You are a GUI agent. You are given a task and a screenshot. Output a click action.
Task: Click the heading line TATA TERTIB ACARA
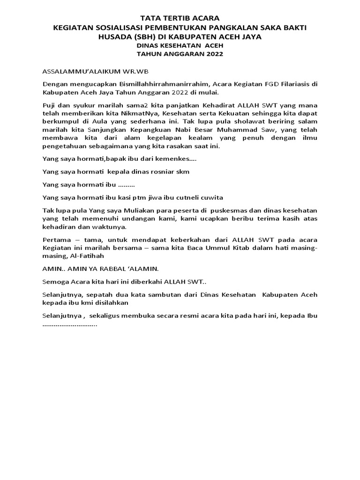(180, 18)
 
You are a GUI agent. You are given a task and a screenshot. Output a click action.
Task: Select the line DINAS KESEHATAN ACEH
(180, 45)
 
